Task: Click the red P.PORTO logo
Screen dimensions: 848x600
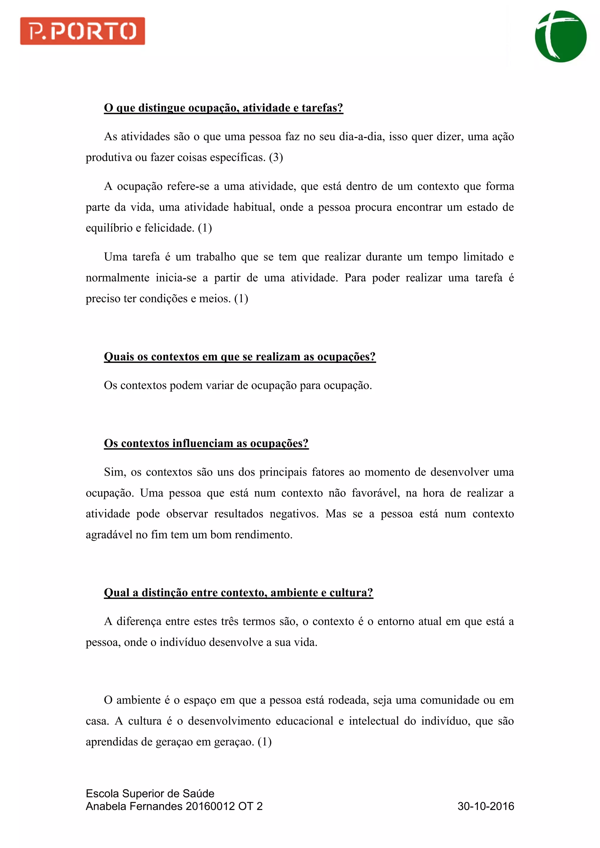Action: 82,31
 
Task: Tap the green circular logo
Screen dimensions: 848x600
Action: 560,37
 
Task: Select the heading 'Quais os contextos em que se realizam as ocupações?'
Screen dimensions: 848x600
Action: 240,357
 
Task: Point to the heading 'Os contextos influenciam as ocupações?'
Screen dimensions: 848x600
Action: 206,443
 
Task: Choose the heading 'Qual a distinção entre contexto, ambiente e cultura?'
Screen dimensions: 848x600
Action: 238,593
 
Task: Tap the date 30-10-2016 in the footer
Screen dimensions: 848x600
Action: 485,806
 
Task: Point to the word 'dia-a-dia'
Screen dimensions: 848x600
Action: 360,137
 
